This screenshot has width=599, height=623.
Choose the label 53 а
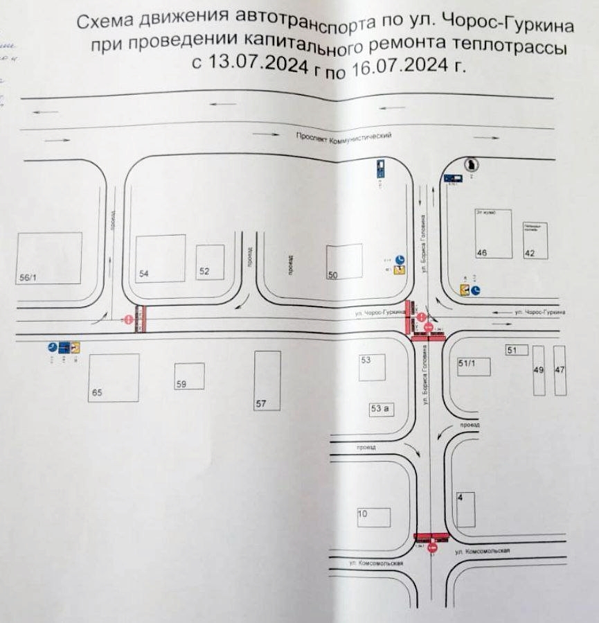[381, 409]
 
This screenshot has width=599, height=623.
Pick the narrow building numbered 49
[538, 370]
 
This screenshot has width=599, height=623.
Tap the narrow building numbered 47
[560, 370]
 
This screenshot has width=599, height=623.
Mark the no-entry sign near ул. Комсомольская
[433, 548]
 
